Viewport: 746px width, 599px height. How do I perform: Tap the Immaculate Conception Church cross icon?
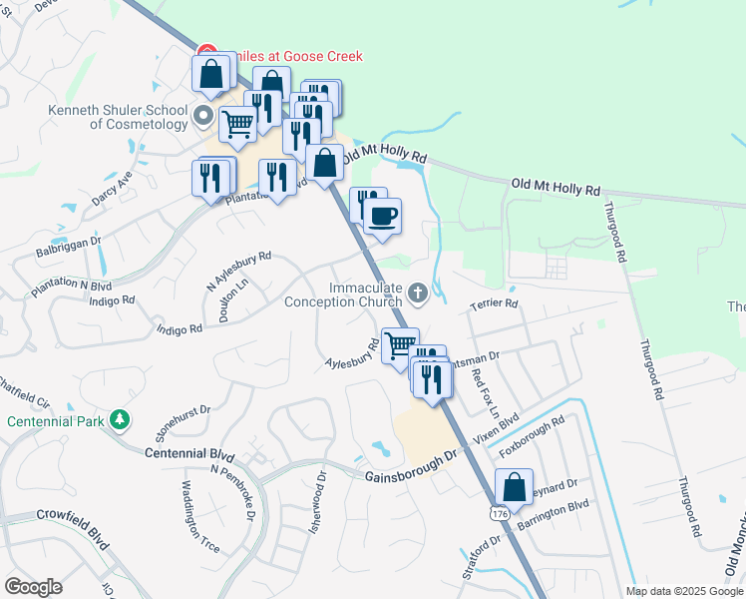coord(418,293)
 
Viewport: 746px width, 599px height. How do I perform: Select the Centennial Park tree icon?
coord(120,418)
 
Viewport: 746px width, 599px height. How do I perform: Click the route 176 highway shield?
coord(499,512)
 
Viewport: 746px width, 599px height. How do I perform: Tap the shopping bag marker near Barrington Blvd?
coord(514,488)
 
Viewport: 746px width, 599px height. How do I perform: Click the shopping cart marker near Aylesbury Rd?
coord(400,345)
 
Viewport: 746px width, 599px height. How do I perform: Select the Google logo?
coord(33,587)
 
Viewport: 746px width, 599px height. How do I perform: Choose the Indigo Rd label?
coord(180,328)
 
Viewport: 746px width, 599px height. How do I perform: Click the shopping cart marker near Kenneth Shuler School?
coord(237,124)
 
